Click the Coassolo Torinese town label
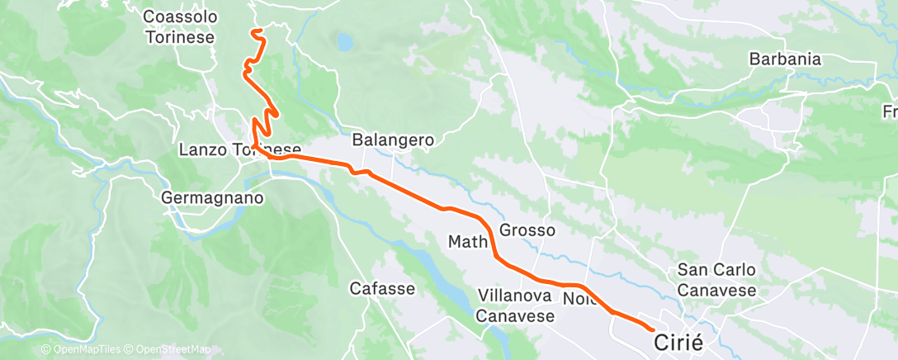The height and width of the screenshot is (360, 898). coord(178,27)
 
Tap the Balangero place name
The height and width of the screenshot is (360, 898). coord(393,140)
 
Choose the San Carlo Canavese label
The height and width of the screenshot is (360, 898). coord(716,280)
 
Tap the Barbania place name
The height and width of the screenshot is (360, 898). coord(785,59)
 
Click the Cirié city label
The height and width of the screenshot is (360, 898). coord(683,341)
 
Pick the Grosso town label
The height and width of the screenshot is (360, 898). coord(527,230)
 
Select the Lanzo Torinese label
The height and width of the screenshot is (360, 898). coord(239,150)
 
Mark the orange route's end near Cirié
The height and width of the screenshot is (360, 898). coord(654,332)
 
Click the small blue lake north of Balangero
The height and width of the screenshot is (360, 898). coord(343,40)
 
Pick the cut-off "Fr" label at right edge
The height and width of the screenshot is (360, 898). coord(890,111)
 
